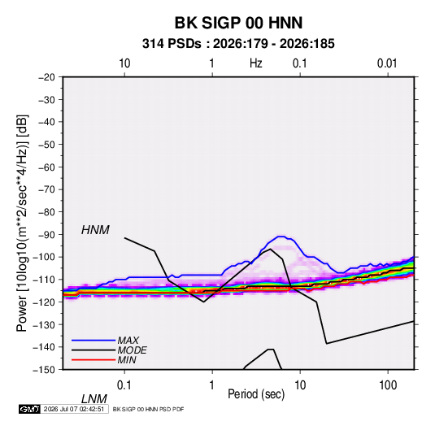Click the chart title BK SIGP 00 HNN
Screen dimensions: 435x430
[x=238, y=23]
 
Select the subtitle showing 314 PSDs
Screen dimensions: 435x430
[x=238, y=44]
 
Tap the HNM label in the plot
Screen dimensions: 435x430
[x=95, y=230]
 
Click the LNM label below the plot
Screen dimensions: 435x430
[x=94, y=399]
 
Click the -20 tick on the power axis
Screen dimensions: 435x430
[x=46, y=77]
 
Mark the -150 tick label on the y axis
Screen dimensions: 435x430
[x=44, y=370]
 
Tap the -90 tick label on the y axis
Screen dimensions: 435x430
[x=46, y=235]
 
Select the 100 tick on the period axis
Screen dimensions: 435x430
[x=388, y=385]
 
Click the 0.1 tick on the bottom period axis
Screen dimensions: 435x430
[x=124, y=385]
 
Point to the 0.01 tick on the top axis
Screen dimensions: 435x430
[x=387, y=63]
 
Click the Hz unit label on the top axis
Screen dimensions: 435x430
[x=256, y=63]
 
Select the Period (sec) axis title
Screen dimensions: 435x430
[x=256, y=394]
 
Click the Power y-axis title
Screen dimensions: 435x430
[x=22, y=224]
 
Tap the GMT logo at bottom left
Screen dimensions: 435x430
[x=30, y=409]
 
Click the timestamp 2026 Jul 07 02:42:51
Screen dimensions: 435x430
[x=74, y=409]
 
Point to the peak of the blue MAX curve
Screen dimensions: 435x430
[x=281, y=237]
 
